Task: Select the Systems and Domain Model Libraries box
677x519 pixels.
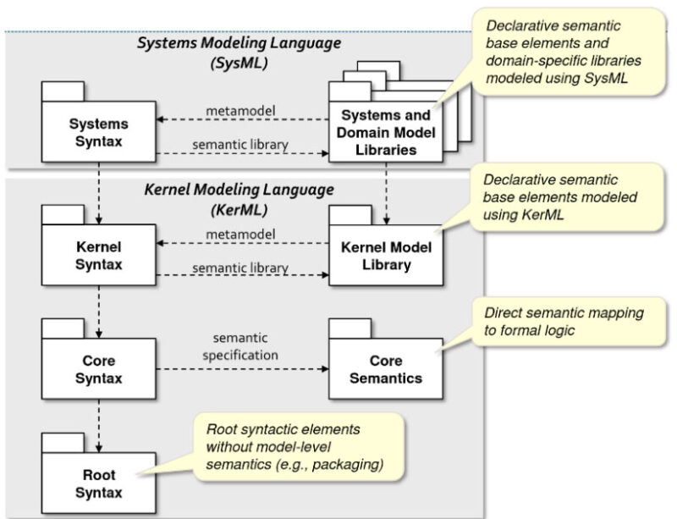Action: (x=384, y=133)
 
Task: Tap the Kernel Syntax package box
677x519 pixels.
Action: (x=98, y=256)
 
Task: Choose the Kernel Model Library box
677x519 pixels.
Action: (x=386, y=256)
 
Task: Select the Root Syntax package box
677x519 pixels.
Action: (x=98, y=483)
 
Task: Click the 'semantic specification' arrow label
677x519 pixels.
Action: (x=240, y=345)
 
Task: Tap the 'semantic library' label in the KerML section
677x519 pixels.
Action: (x=240, y=268)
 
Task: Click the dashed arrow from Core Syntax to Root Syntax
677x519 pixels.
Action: (x=100, y=415)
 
